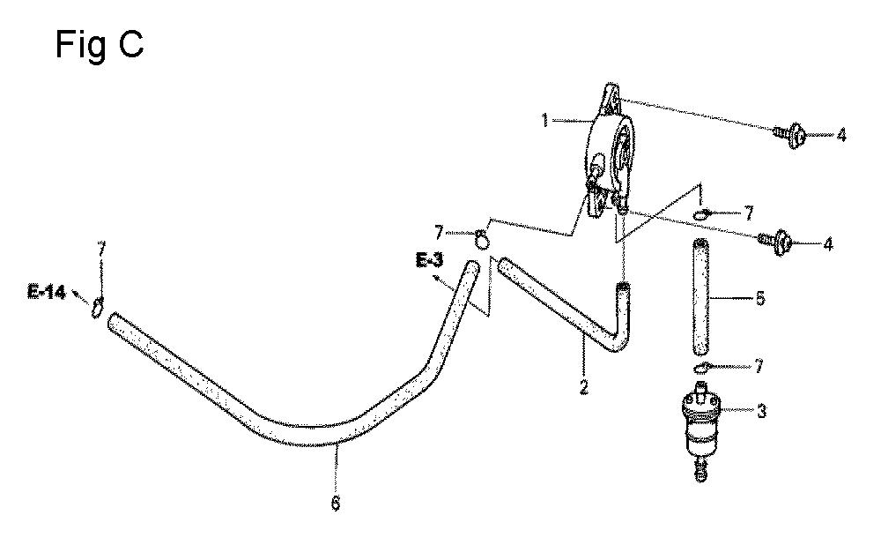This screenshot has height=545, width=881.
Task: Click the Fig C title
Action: point(100,44)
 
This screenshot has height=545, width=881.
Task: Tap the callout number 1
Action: point(544,120)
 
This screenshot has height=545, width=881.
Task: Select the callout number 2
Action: point(584,387)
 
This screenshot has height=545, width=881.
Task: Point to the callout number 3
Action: point(761,411)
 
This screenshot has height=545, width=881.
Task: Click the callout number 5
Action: point(760,297)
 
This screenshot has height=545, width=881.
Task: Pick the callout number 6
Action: point(336,503)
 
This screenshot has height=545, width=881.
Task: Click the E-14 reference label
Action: point(46,293)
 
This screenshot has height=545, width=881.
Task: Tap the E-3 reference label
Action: point(429,260)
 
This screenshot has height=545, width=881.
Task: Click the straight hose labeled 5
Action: point(700,297)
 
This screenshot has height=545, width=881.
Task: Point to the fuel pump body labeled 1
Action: point(611,152)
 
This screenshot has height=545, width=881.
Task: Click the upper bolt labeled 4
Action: point(791,135)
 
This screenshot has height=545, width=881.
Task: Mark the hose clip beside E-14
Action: point(97,307)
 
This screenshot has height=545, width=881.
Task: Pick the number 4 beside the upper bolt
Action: point(840,135)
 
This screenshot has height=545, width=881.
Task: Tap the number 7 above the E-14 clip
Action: point(101,250)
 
